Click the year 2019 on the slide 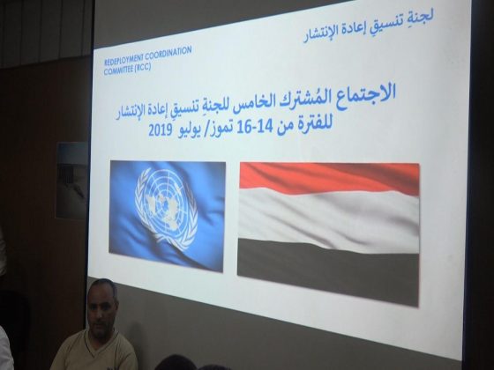160,130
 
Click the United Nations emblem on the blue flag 166,206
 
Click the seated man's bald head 101,287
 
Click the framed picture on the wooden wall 72,180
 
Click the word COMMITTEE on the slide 117,70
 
